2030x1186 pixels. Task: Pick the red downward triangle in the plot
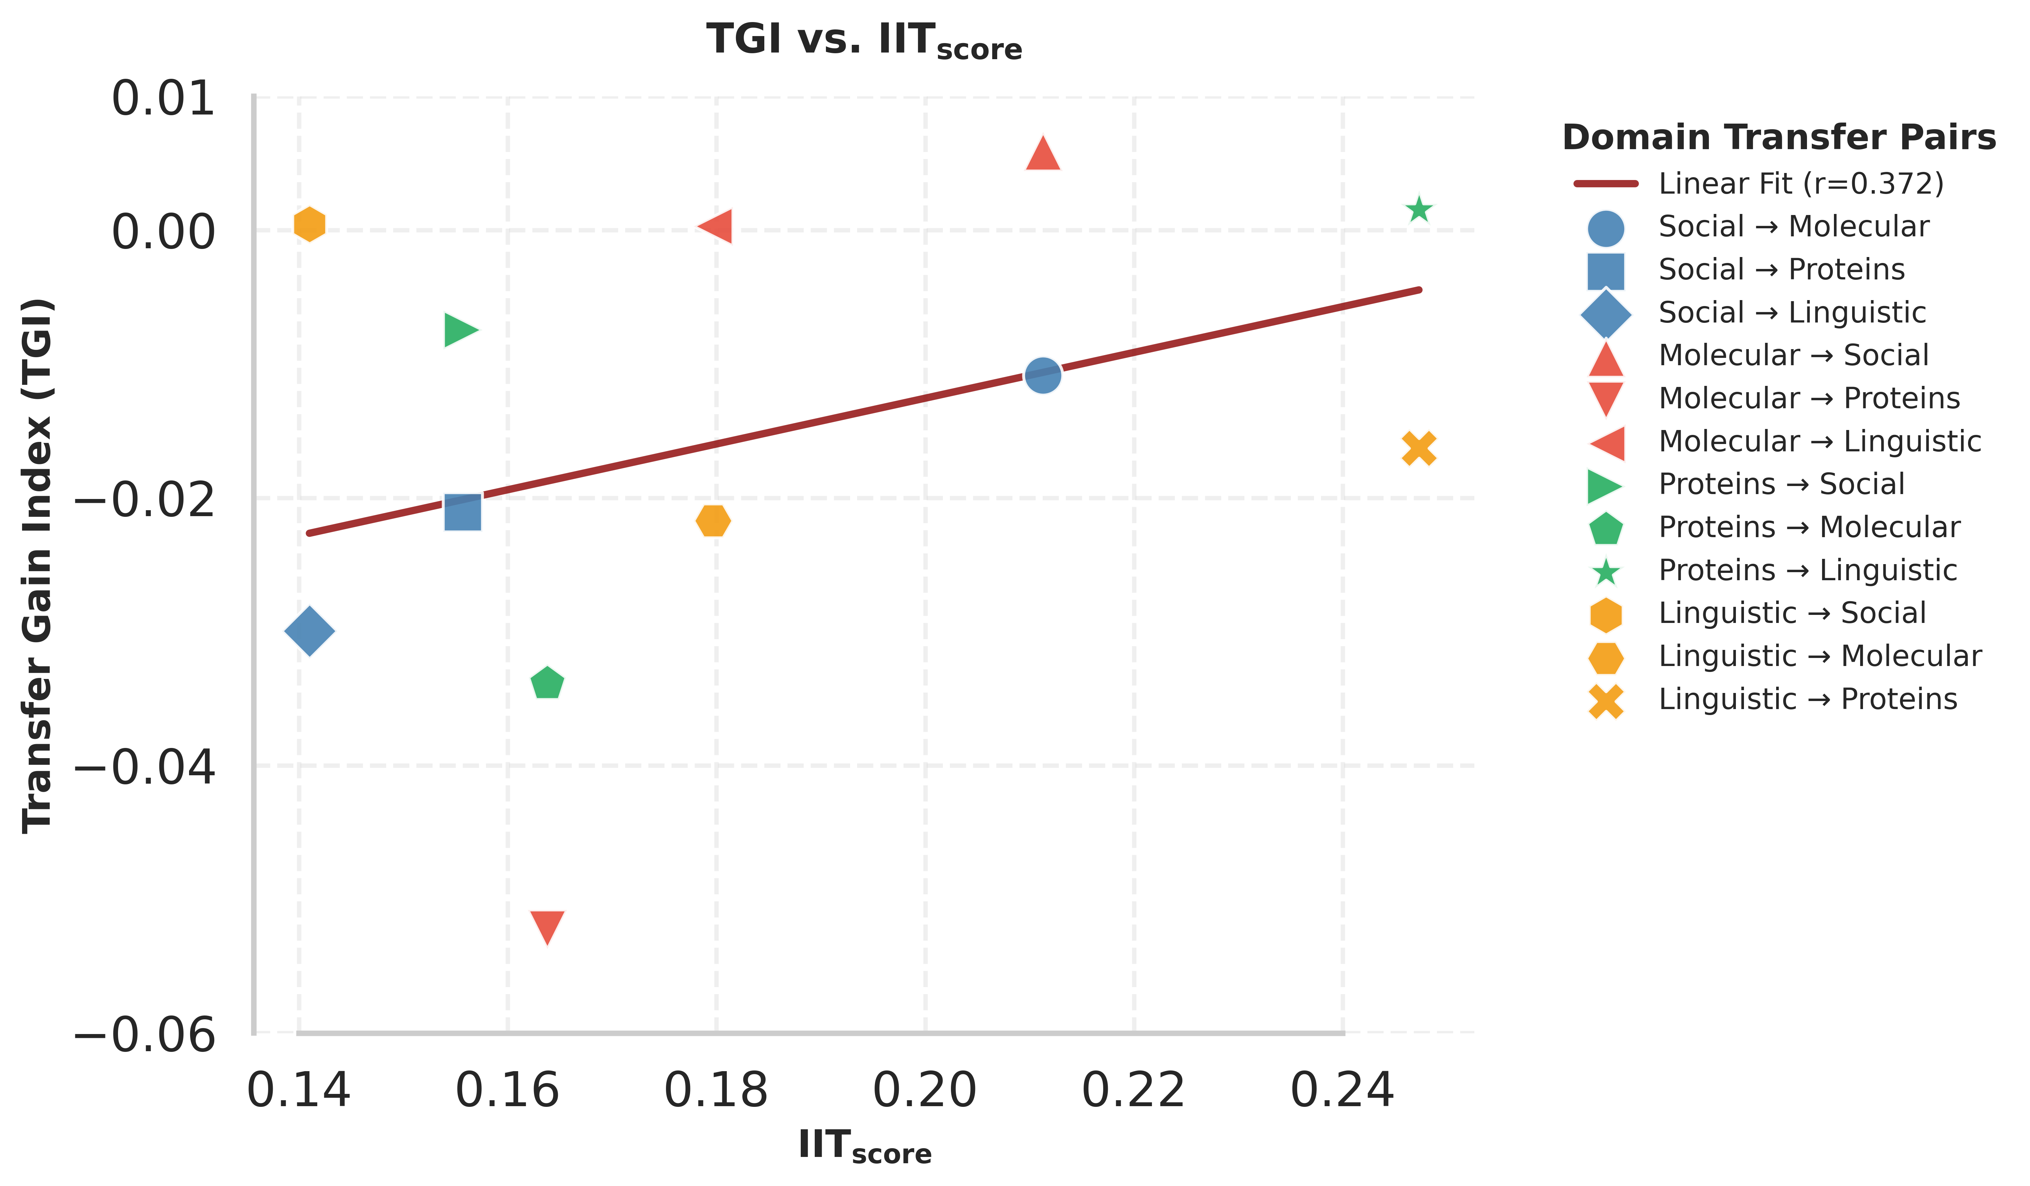(547, 927)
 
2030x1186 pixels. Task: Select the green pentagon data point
(547, 683)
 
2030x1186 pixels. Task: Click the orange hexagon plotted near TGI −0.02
(713, 521)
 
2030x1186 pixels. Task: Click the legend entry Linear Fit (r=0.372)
(1800, 184)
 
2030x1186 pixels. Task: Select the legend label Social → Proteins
(1781, 270)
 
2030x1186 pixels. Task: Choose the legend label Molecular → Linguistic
(1819, 442)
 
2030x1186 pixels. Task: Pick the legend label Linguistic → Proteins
(1807, 699)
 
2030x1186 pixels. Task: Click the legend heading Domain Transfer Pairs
(1779, 138)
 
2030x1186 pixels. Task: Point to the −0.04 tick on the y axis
(145, 766)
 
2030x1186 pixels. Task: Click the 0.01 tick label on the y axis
(164, 100)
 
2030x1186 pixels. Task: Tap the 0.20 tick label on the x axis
(925, 1091)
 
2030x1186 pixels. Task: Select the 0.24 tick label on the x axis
(1342, 1091)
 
